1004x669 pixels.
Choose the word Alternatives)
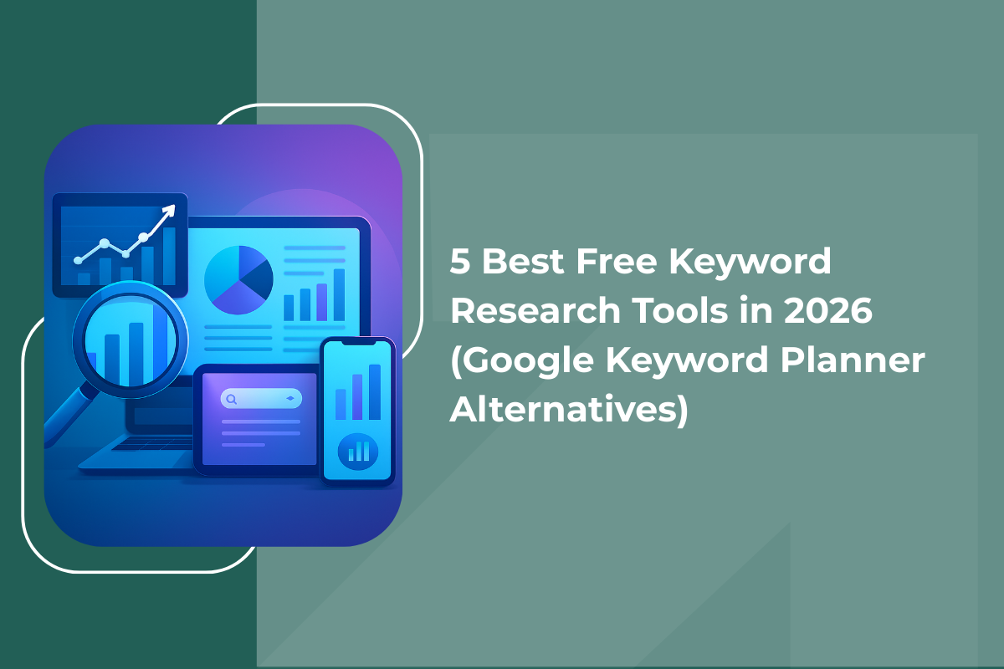(x=570, y=410)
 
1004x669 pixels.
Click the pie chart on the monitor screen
(x=238, y=278)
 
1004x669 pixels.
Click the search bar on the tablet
(x=260, y=399)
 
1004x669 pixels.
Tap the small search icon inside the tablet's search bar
(x=232, y=400)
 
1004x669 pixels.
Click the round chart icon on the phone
(x=357, y=452)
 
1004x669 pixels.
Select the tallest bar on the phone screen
(x=374, y=391)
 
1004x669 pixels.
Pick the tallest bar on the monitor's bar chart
(x=339, y=294)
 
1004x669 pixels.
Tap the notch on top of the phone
(x=358, y=345)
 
